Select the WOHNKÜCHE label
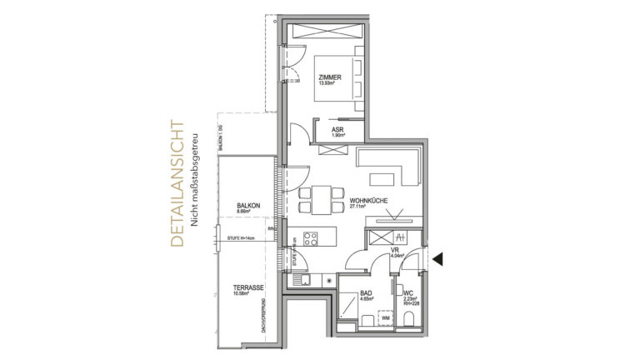(367, 200)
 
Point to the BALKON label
(247, 205)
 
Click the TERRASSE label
(249, 287)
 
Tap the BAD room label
(366, 293)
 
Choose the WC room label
(407, 293)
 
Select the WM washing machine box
(385, 317)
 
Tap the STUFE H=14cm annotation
(241, 238)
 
